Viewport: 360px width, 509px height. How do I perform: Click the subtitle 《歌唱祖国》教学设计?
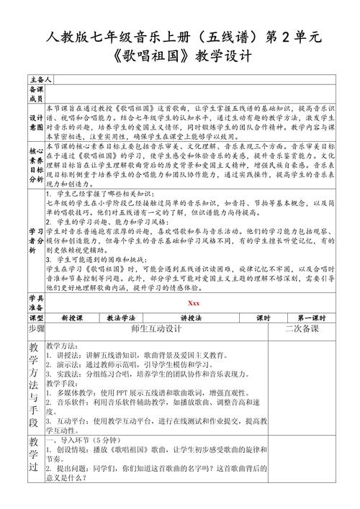(x=180, y=55)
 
